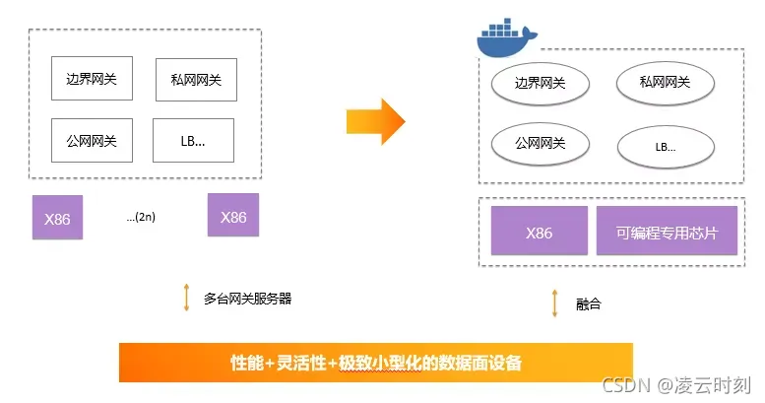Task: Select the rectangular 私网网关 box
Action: [x=196, y=80]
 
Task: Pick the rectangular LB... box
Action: [x=193, y=141]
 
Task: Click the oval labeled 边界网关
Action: [x=540, y=84]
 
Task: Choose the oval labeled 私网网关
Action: [x=665, y=84]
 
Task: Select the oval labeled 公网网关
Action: [x=540, y=144]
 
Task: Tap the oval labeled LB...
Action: [x=666, y=148]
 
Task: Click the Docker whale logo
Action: [x=507, y=40]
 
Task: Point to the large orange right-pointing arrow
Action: [x=375, y=120]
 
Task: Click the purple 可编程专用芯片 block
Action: [x=667, y=233]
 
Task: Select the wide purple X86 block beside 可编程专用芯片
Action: [x=539, y=233]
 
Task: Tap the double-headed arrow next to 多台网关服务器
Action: [x=186, y=297]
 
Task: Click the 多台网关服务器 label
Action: [x=247, y=298]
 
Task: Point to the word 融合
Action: [x=588, y=303]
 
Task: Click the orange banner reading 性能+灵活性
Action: [x=375, y=363]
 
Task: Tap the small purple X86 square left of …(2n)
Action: [x=57, y=218]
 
